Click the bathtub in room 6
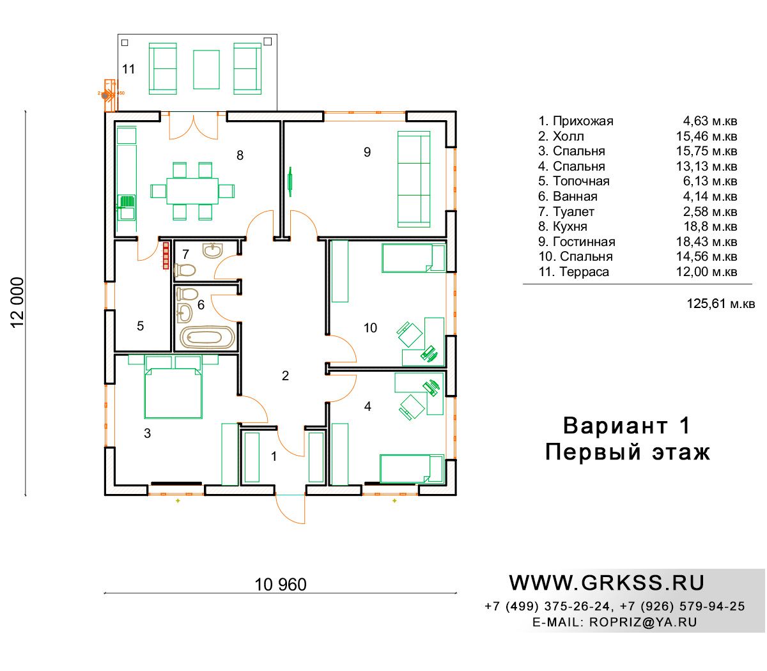coord(207,337)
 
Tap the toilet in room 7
coord(185,270)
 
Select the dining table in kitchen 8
coord(192,191)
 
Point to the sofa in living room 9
coord(414,179)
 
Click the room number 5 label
coord(140,326)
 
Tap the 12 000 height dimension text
coord(17,302)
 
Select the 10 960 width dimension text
coord(281,584)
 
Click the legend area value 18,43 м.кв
coord(706,242)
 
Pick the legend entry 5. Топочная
coord(573,181)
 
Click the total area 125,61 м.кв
coord(720,304)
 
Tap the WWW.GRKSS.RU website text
coord(607,583)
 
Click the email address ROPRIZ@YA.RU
coord(643,622)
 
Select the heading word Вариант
coord(615,426)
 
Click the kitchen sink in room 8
coord(127,206)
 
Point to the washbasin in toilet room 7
coord(213,250)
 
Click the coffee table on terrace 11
coord(206,70)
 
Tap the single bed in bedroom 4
coord(412,468)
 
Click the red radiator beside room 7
coord(166,256)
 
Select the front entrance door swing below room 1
coord(290,509)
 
